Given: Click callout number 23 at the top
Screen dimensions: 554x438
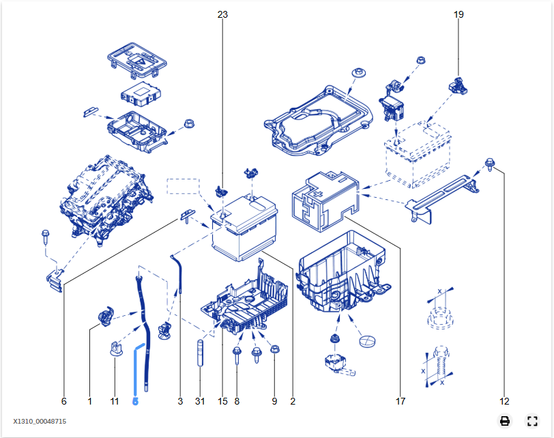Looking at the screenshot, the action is pos(222,14).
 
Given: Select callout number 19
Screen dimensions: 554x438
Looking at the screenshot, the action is pos(458,14).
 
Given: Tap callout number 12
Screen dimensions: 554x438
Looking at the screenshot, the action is pos(504,401).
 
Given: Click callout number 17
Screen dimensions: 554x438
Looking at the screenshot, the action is pos(400,401).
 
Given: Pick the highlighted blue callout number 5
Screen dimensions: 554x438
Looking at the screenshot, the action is pos(135,401).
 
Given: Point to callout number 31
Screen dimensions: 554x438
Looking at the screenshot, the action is pos(200,401).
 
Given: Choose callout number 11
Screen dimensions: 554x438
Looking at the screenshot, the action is pos(114,401).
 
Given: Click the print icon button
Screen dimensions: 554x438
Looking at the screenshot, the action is pos(505,421).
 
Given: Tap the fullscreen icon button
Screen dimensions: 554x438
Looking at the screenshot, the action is pos(532,421).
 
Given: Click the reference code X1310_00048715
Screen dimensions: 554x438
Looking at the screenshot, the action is pos(40,422).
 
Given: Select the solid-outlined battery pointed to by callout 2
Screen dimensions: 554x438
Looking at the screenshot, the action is pos(244,228).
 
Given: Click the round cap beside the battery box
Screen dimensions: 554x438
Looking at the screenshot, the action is pos(367,341).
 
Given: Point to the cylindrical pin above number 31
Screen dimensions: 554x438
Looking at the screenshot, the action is pos(200,353).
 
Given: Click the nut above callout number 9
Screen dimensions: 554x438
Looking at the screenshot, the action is pos(274,349).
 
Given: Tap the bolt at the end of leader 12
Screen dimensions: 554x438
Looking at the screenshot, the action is pos(490,164).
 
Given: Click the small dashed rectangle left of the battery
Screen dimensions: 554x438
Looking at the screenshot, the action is pos(183,186).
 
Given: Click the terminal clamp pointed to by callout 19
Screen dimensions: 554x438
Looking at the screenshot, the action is pos(458,86).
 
